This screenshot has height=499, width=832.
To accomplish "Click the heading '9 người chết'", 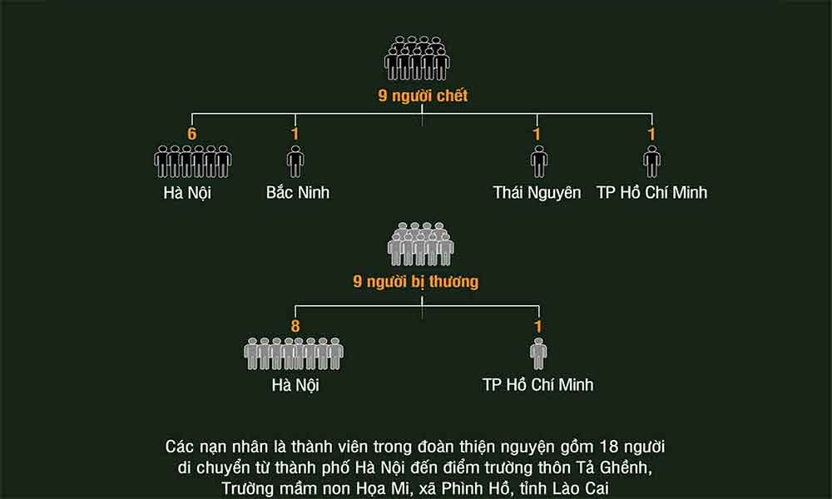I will tap(423, 96).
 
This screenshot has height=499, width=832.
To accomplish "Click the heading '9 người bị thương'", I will tap(416, 282).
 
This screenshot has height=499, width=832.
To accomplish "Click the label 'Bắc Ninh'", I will tap(297, 193).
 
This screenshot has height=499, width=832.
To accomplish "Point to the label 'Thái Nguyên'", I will tap(537, 193).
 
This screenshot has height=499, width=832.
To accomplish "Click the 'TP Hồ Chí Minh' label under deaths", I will tap(651, 193).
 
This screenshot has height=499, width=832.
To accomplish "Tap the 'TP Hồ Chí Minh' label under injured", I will tap(537, 385).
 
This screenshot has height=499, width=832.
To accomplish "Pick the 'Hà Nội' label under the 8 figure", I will tap(295, 385).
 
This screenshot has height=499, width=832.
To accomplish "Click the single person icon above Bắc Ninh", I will tap(295, 161).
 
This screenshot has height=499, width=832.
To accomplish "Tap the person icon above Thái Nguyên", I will tap(538, 161).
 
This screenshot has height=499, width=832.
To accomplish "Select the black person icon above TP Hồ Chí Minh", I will tap(651, 161).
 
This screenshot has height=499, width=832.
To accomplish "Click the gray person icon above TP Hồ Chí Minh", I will tap(538, 353).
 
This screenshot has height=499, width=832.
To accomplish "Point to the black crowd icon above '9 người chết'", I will tap(417, 58).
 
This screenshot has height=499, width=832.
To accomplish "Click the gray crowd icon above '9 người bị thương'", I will tap(420, 244).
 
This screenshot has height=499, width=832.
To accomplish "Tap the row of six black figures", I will tap(192, 161).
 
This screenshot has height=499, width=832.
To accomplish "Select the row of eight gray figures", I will tap(294, 353).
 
